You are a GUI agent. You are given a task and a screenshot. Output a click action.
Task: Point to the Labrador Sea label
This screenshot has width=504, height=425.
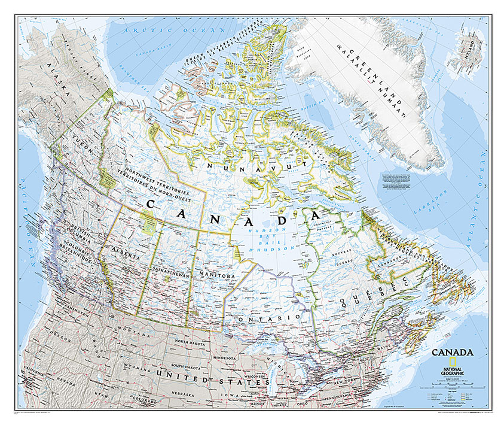(426, 198)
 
